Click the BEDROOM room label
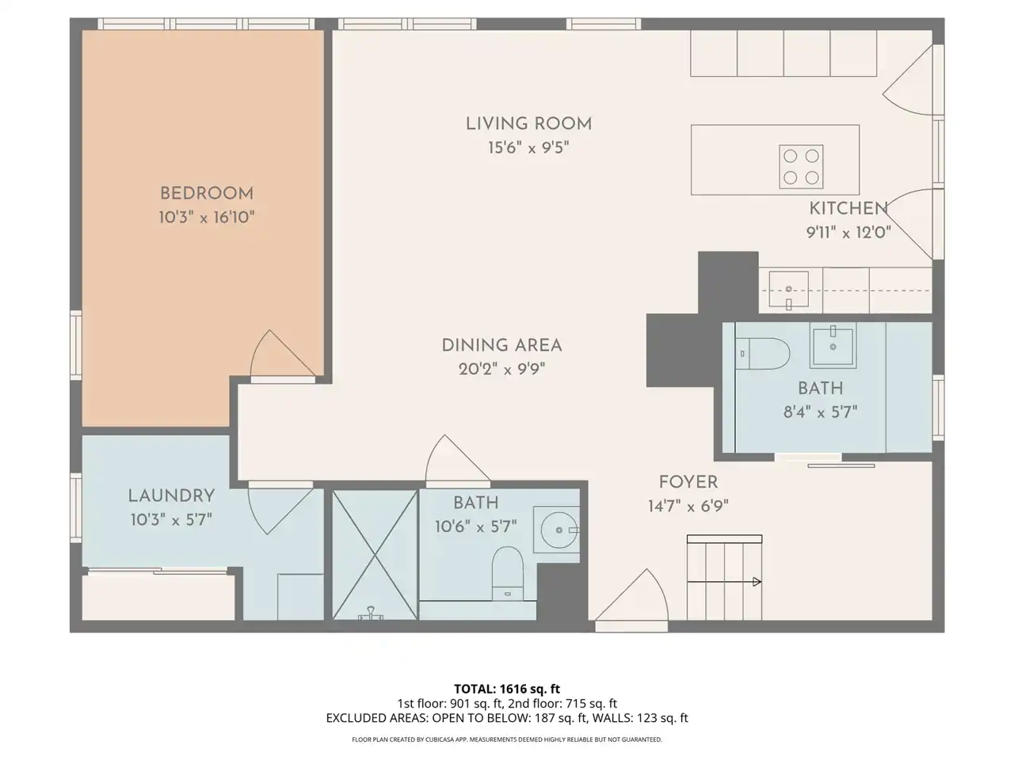click(x=207, y=193)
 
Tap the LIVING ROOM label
click(x=528, y=123)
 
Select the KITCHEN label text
click(x=848, y=208)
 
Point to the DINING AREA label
click(x=501, y=346)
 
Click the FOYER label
click(x=688, y=482)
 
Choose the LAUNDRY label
click(x=171, y=496)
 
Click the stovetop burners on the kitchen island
click(x=801, y=166)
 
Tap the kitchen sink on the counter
click(x=788, y=289)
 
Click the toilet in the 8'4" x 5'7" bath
click(x=763, y=353)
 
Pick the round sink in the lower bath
click(x=559, y=530)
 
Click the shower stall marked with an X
click(x=375, y=555)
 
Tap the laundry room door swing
click(x=280, y=510)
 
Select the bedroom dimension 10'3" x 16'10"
click(x=207, y=218)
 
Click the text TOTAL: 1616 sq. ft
click(x=507, y=689)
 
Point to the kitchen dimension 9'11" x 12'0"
click(x=848, y=232)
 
